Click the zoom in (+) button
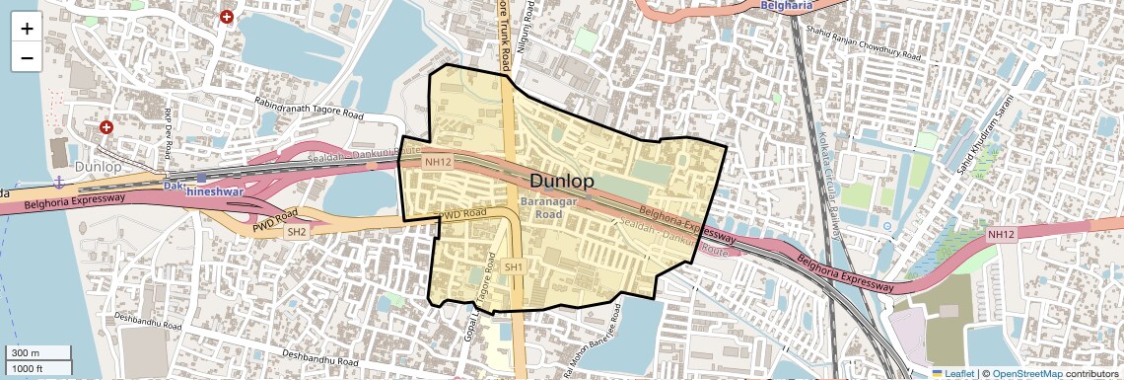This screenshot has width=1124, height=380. (27, 29)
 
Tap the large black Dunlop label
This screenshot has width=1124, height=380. (562, 182)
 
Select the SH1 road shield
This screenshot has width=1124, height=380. (514, 267)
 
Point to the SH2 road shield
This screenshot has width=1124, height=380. (296, 232)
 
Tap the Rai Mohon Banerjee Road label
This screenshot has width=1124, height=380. (593, 342)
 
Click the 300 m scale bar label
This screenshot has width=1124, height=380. (27, 353)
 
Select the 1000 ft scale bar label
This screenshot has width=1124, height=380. (30, 368)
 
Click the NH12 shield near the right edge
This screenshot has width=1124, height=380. (1000, 234)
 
